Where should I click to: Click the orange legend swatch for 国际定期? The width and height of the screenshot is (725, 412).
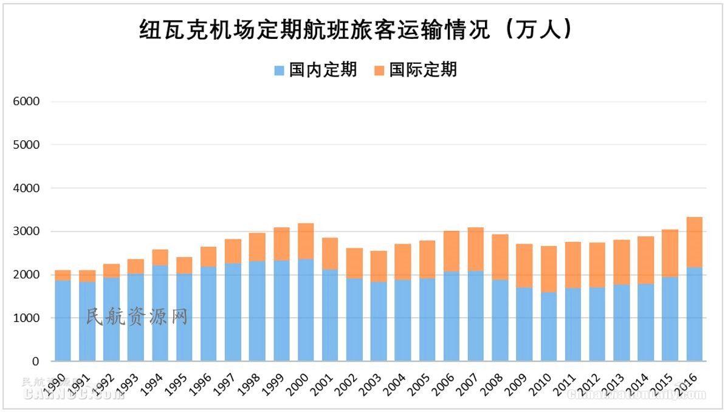pos(379,70)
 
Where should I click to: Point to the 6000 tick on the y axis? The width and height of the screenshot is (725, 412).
pos(26,101)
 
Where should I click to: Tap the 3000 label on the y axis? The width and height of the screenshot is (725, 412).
pos(26,232)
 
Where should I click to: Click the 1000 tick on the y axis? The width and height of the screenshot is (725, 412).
pos(26,318)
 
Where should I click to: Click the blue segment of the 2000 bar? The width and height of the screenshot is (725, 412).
pos(306,310)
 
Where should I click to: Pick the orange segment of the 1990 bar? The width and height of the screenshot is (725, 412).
pos(63,275)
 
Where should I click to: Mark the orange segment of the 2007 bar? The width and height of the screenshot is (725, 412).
pos(476,249)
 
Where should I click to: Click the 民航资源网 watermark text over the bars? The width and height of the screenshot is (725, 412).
pos(137,317)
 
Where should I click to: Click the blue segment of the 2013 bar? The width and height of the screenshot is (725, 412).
pos(622,323)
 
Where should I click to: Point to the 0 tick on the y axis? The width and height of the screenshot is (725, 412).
pos(35,361)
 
